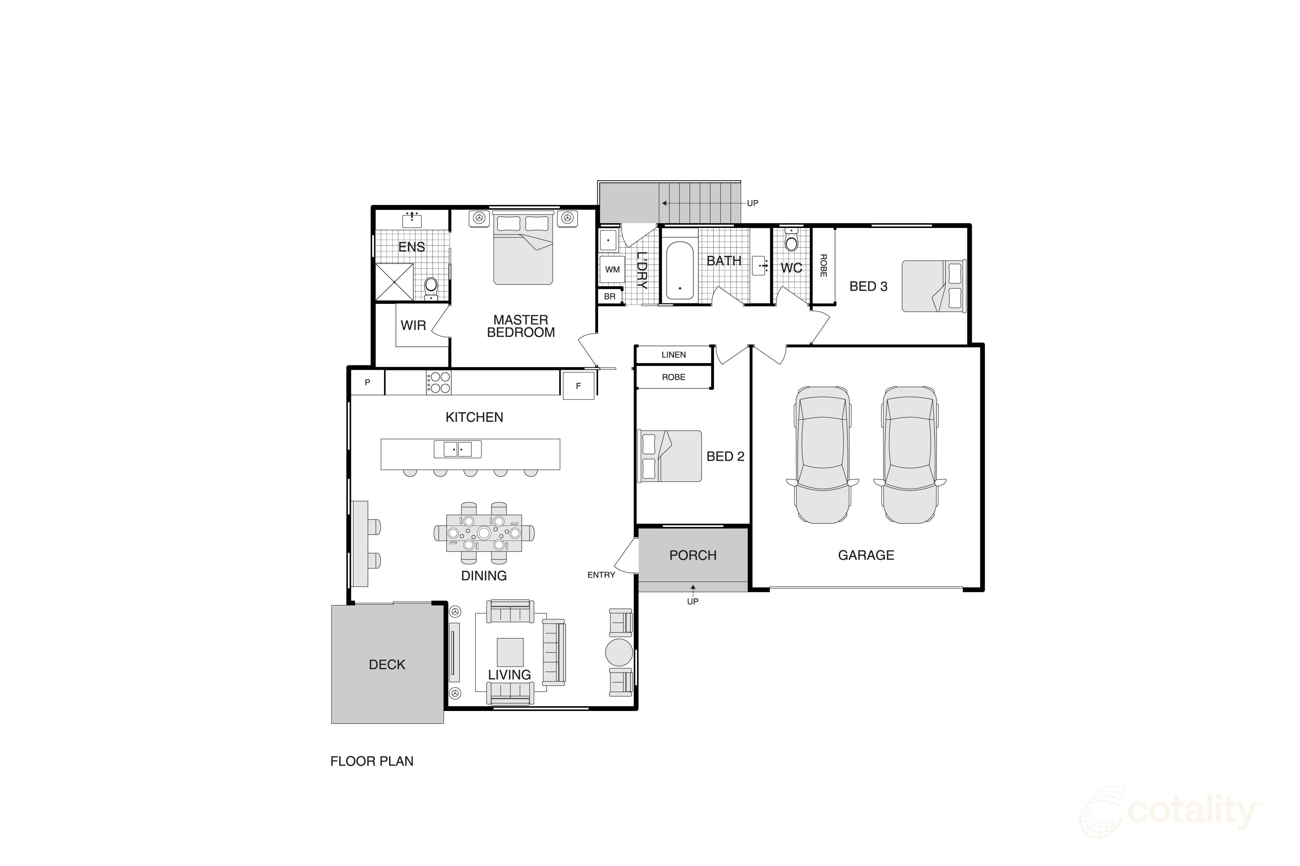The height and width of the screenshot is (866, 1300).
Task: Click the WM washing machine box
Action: [x=612, y=269]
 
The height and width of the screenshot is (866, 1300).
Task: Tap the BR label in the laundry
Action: [x=609, y=296]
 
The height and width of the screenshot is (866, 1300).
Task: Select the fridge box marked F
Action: [x=578, y=386]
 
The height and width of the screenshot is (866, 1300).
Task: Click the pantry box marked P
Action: [x=367, y=382]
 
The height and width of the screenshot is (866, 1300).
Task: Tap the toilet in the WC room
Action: [x=791, y=242]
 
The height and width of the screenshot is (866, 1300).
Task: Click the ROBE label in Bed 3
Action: [x=823, y=266]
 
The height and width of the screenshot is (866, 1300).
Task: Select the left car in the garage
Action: [x=822, y=454]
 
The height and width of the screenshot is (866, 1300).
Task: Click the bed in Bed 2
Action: [x=670, y=456]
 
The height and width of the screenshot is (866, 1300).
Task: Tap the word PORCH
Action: [x=692, y=555]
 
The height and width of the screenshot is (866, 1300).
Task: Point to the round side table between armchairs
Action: [x=619, y=652]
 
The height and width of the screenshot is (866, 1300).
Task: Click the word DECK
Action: [x=387, y=664]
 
